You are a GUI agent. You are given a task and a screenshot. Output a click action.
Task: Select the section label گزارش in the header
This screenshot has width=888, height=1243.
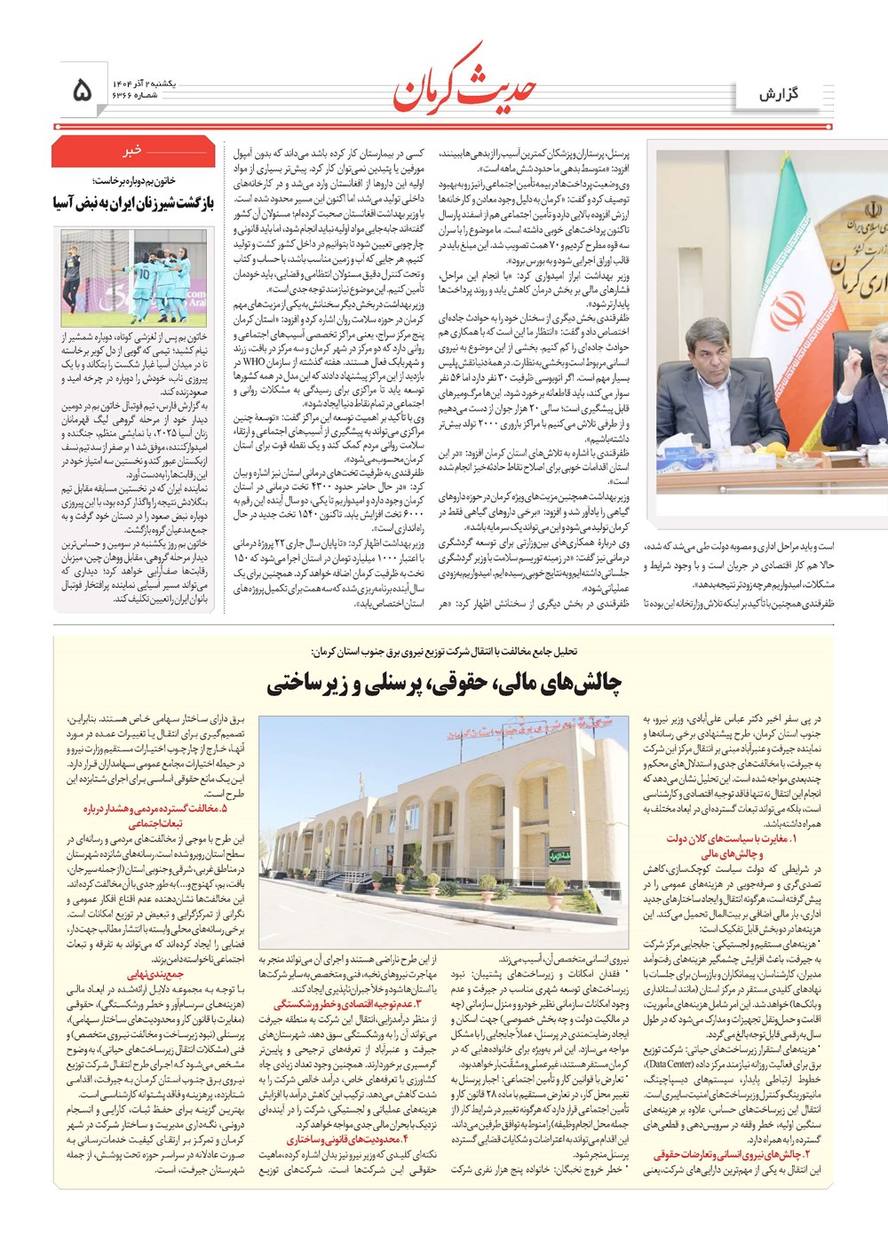tap(778, 94)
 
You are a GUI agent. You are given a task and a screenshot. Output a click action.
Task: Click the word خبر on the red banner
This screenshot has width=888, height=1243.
tap(132, 150)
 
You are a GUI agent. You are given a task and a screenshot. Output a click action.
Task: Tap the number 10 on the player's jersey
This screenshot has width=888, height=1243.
tap(143, 275)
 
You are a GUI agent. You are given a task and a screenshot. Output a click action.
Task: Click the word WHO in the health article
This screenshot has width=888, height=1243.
tap(255, 361)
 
